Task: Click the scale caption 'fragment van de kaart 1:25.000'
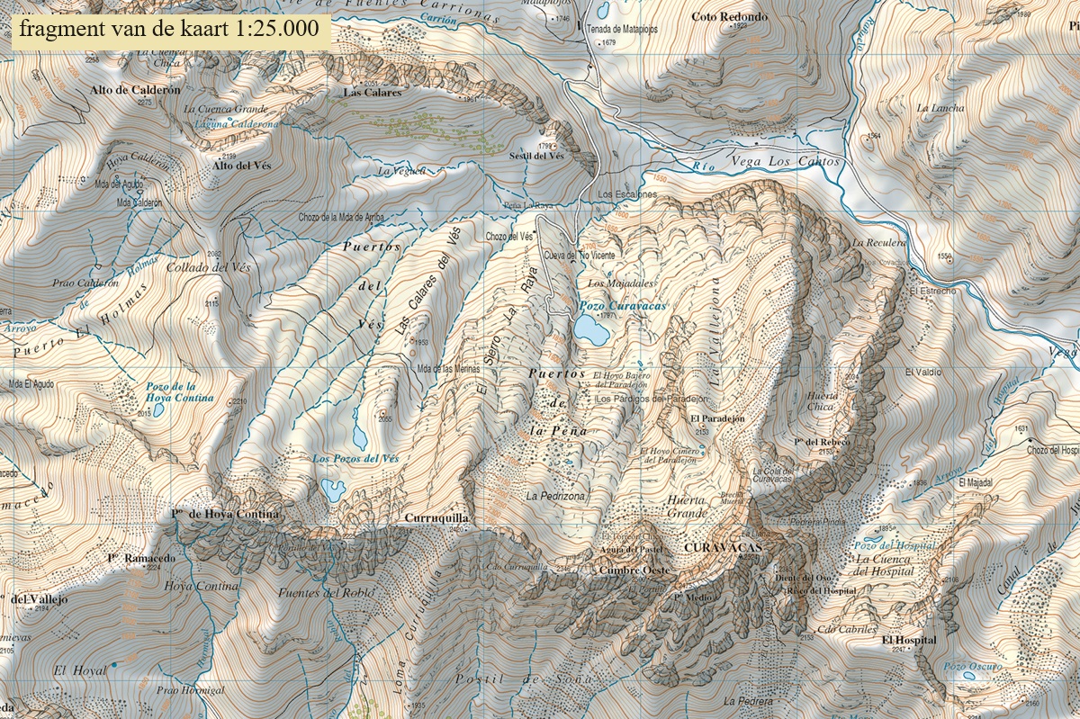pyautogui.click(x=168, y=29)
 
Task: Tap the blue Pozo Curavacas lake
pyautogui.click(x=591, y=332)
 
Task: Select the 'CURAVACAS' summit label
pyautogui.click(x=723, y=547)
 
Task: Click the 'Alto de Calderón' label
pyautogui.click(x=135, y=90)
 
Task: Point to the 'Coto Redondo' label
pyautogui.click(x=730, y=16)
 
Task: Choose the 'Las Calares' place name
pyautogui.click(x=373, y=92)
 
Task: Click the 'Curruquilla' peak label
pyautogui.click(x=437, y=518)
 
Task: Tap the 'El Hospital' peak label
pyautogui.click(x=909, y=640)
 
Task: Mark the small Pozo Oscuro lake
pyautogui.click(x=968, y=675)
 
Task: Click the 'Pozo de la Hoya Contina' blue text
pyautogui.click(x=180, y=392)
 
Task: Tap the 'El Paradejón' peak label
pyautogui.click(x=718, y=419)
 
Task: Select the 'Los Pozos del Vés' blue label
pyautogui.click(x=355, y=459)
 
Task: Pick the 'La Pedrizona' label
pyautogui.click(x=556, y=496)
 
